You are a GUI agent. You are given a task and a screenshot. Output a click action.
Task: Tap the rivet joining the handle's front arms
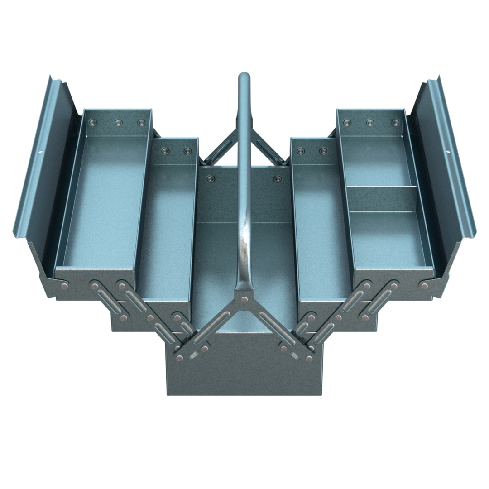[244, 299]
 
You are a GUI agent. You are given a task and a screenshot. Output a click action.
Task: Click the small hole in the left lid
[40, 153]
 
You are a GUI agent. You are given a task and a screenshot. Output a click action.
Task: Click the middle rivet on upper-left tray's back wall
[119, 122]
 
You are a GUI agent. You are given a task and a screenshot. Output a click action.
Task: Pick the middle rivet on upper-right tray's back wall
[370, 122]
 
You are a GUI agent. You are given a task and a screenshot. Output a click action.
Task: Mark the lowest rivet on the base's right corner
[309, 358]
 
